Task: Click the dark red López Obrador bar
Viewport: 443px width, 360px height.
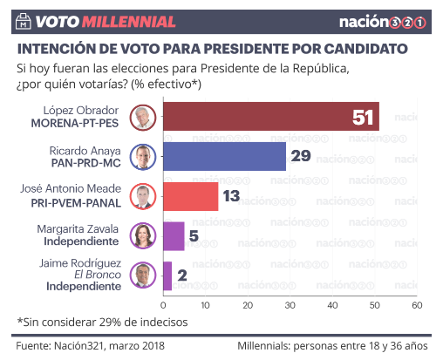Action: (271, 117)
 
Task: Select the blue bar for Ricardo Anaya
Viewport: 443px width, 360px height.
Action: (224, 156)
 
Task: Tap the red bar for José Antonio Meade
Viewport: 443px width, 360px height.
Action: (191, 196)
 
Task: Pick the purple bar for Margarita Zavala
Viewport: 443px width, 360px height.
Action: (174, 236)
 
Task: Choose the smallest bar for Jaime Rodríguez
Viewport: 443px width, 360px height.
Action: (167, 276)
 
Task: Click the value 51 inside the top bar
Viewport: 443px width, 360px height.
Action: (363, 118)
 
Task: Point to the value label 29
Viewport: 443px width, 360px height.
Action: (301, 156)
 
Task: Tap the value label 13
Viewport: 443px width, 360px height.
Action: (231, 196)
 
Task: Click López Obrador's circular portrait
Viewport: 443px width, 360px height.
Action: (143, 118)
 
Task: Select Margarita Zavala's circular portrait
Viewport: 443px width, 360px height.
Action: (143, 235)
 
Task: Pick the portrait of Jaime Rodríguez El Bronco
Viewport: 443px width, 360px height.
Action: (143, 275)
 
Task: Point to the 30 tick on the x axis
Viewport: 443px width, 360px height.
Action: (290, 305)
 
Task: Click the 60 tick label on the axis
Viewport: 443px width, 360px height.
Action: (417, 305)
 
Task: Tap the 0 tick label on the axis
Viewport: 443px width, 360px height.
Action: (163, 305)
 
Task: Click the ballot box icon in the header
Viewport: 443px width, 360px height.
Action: (24, 21)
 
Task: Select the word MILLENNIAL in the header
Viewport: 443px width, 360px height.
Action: (129, 22)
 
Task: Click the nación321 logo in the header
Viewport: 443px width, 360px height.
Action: (383, 22)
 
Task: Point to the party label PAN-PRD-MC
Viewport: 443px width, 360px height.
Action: (86, 163)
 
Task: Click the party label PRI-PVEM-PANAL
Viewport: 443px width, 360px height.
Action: (76, 203)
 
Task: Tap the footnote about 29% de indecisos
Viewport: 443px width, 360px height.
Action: (102, 323)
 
